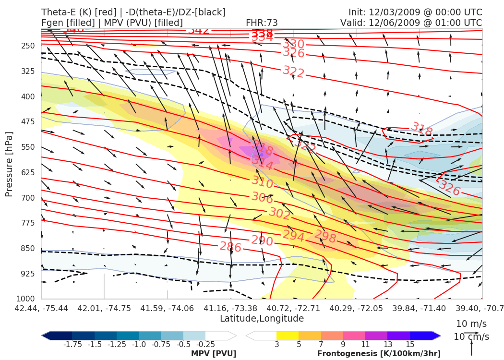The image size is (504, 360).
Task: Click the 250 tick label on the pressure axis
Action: tap(28, 46)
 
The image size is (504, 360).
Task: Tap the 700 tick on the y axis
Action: tap(28, 198)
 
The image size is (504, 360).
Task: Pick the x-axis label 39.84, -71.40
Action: tap(420, 308)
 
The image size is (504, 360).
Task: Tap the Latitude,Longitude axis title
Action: tap(262, 319)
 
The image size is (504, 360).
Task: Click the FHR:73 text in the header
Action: tap(262, 23)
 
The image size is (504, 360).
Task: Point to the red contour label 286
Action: tap(230, 247)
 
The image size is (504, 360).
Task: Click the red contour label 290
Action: tap(262, 240)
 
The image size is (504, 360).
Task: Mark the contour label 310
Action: tap(262, 182)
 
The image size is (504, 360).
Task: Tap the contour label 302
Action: tap(279, 214)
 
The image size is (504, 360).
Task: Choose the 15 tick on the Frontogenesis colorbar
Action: tap(409, 344)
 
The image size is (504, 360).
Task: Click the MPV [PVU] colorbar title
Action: tap(214, 354)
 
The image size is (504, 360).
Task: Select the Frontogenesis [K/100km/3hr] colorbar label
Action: tap(379, 354)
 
